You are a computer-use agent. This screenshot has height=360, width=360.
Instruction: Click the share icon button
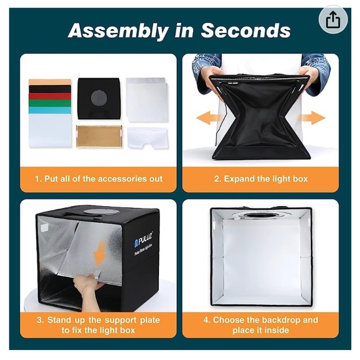[x=333, y=20]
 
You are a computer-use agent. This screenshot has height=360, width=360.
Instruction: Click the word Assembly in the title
[x=118, y=31]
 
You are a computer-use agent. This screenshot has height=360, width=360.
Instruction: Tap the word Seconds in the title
[x=246, y=30]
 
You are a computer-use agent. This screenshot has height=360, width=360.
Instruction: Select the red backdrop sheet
[x=50, y=96]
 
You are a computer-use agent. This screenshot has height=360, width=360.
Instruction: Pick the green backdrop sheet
[x=50, y=103]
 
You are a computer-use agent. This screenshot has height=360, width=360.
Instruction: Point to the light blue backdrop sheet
[x=50, y=110]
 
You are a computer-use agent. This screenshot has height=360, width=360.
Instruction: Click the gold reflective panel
[x=99, y=136]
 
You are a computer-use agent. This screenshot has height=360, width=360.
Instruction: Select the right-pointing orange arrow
[x=312, y=118]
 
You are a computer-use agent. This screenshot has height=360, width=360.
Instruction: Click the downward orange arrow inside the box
[x=100, y=253]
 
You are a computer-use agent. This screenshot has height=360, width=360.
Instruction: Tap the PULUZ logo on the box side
[x=142, y=240]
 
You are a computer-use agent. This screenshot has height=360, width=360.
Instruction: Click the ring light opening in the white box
[x=261, y=215]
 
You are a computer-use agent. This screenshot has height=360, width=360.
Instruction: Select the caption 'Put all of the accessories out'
[x=103, y=179]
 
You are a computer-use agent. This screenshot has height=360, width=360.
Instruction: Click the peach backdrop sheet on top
[x=50, y=82]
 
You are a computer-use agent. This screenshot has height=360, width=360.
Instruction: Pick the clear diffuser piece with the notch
[x=147, y=138]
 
